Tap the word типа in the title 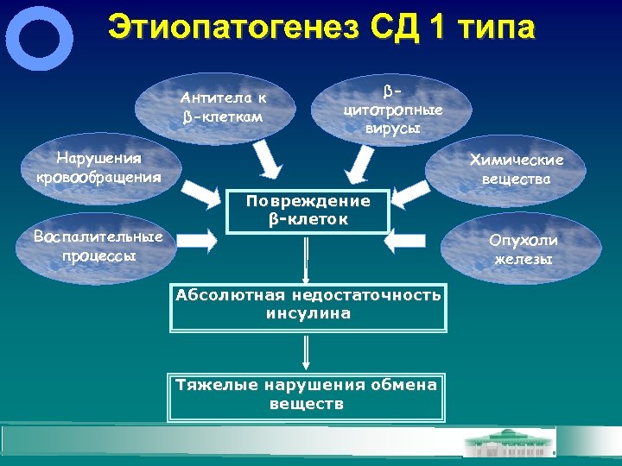490,27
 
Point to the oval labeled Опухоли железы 524,249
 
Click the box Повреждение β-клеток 308,211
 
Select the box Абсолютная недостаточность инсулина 308,305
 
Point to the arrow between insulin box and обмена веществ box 306,351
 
